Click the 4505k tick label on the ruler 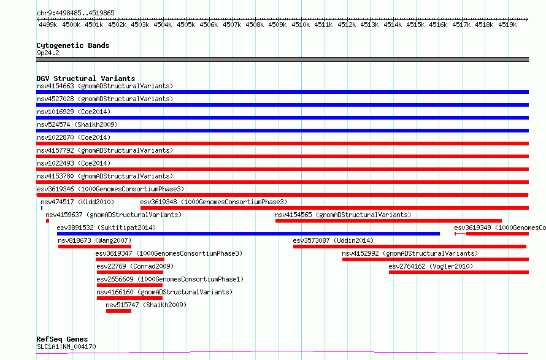[x=186, y=25]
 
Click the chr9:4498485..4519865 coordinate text [x=75, y=13]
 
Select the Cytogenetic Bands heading [x=73, y=45]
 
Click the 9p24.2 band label [x=48, y=53]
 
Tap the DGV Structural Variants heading [x=85, y=79]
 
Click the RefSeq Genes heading [x=62, y=339]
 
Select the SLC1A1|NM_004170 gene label [x=66, y=347]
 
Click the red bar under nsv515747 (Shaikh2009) [x=118, y=311]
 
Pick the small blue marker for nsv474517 [x=42, y=208]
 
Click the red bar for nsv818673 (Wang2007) [x=94, y=247]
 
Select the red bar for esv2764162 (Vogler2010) [x=458, y=272]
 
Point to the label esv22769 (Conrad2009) [x=134, y=266]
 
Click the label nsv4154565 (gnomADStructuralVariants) [x=343, y=215]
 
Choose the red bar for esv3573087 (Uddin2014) [x=409, y=247]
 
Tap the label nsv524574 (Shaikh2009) [x=77, y=124]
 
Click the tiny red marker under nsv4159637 [x=47, y=221]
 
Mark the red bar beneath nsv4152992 [x=435, y=259]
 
